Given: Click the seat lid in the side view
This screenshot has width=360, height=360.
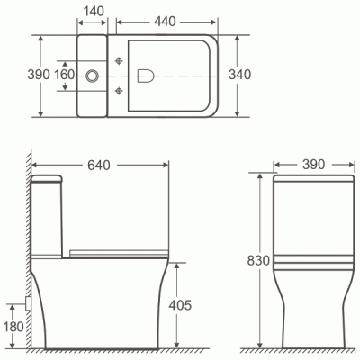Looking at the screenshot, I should pyautogui.click(x=117, y=247).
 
